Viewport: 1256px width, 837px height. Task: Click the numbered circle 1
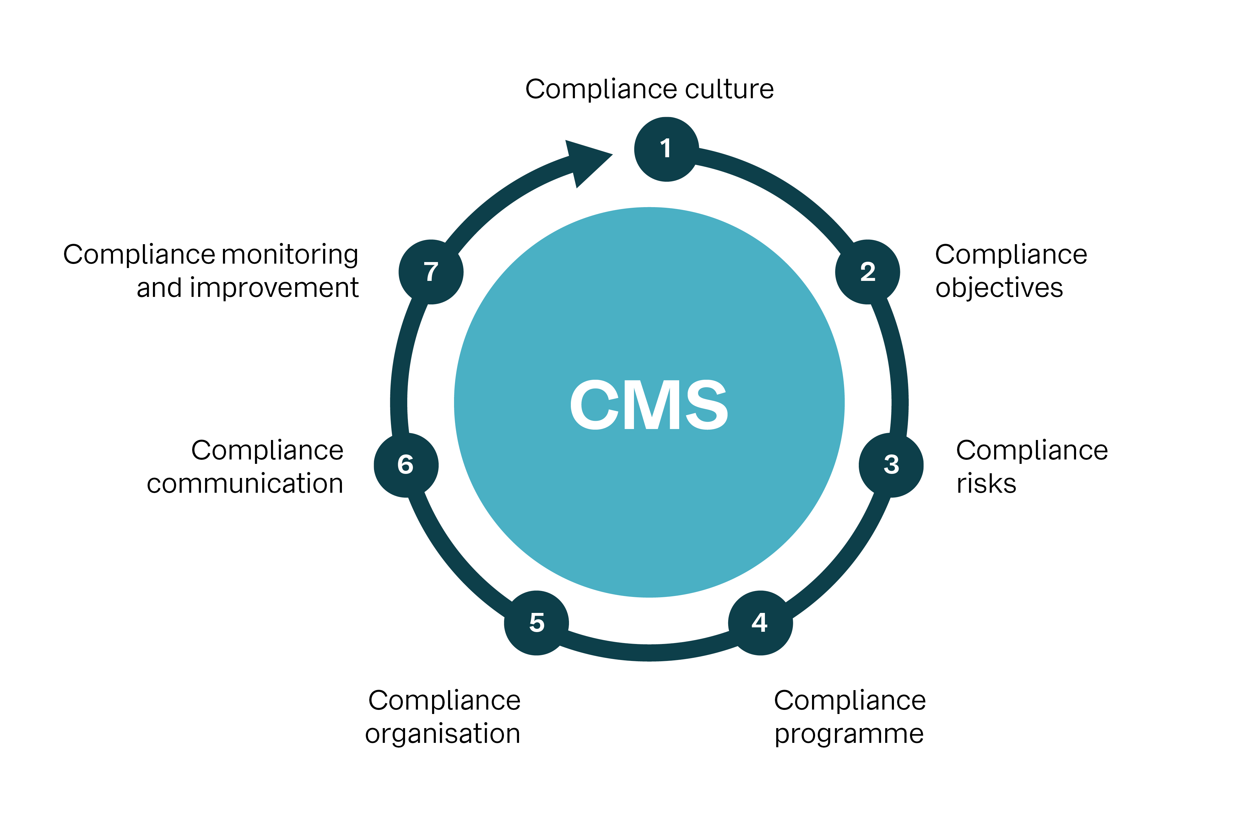[666, 149]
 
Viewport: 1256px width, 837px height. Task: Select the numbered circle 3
[891, 465]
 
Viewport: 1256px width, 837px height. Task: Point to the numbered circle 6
[406, 465]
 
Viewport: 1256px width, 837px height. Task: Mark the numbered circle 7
[430, 272]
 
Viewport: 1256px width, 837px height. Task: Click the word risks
[986, 484]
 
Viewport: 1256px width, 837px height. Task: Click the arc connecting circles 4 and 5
[649, 652]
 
